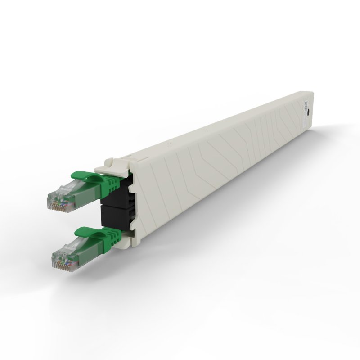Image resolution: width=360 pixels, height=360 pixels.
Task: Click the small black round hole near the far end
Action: click(309, 113)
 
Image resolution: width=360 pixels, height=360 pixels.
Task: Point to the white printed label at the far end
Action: click(302, 106)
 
